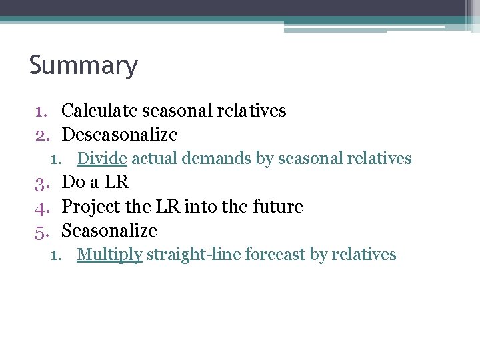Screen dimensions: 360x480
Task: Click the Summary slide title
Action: [83, 66]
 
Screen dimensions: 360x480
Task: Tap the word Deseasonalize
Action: [119, 135]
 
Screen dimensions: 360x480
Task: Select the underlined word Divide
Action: [102, 159]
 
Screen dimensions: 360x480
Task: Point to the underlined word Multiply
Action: [109, 255]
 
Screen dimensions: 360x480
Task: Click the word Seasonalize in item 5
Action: [109, 231]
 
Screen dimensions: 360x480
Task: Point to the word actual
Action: [152, 159]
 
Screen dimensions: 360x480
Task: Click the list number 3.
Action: [39, 183]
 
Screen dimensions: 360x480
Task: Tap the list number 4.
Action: [39, 207]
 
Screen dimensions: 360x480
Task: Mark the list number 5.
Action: [39, 231]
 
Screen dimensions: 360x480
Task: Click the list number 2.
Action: [39, 135]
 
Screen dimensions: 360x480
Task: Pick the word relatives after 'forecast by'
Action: [365, 255]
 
